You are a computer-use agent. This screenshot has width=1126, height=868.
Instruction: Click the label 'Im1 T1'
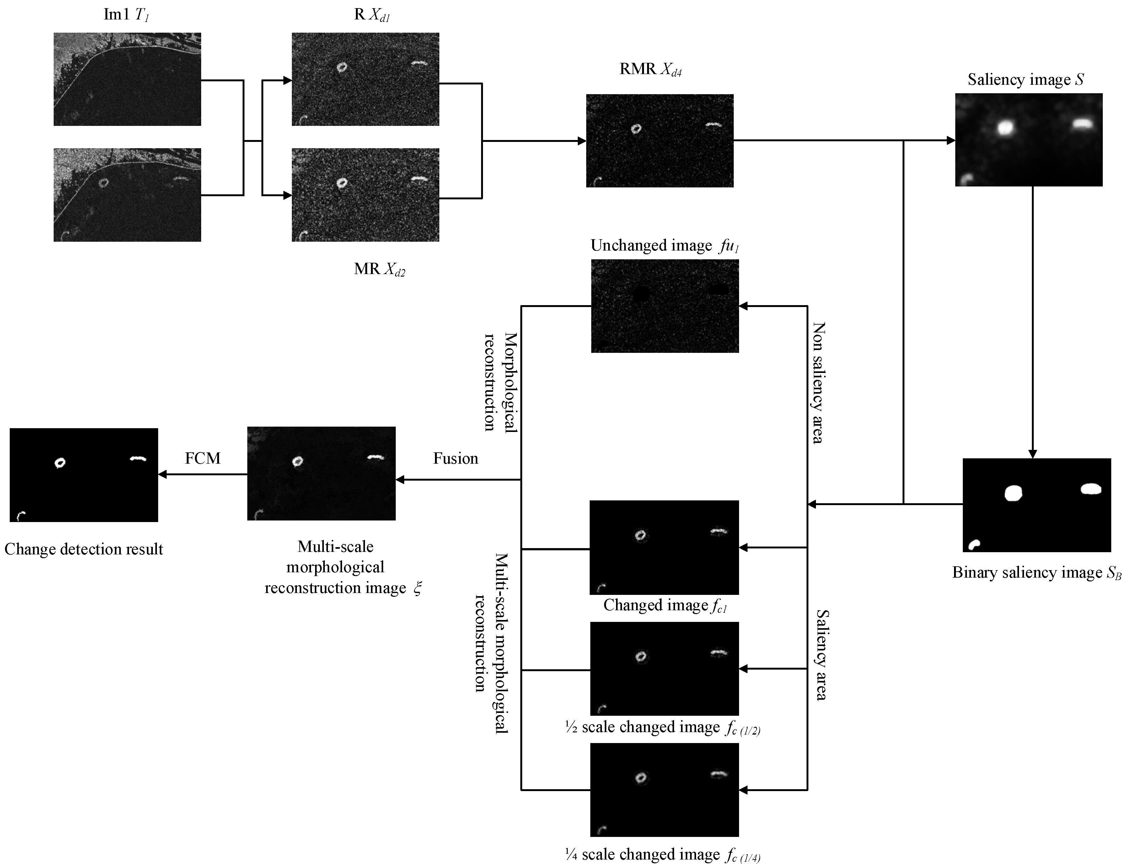click(126, 14)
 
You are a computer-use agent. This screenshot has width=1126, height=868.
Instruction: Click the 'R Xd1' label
click(371, 14)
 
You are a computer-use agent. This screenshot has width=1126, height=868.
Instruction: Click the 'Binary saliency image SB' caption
click(1036, 573)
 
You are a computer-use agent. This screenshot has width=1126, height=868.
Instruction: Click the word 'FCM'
click(203, 458)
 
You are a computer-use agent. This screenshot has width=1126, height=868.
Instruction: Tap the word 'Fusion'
click(455, 459)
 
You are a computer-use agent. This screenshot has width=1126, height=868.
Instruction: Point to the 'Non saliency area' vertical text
click(818, 383)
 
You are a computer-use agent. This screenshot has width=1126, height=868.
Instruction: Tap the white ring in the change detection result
click(60, 463)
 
